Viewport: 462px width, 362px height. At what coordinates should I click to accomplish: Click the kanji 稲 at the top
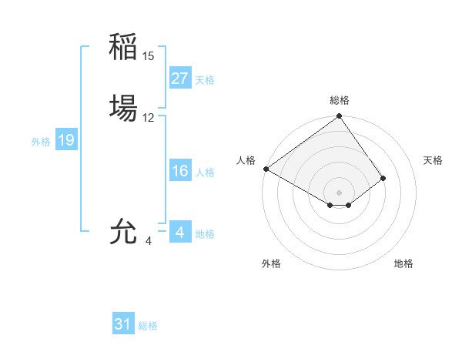coord(123,47)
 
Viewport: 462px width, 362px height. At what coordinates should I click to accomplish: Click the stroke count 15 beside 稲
coord(149,56)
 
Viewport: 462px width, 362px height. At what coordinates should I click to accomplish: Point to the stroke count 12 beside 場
coord(149,118)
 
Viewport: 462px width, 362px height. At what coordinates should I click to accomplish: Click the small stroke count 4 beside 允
coord(149,241)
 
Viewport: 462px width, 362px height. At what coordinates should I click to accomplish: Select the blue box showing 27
coord(179,79)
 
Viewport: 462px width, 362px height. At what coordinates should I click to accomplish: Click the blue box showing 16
coord(179,171)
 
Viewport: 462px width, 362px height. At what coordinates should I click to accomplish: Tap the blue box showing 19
coord(66,140)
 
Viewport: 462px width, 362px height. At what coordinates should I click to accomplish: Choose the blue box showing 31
coord(123,324)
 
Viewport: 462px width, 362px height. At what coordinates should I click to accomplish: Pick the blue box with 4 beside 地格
coord(179,233)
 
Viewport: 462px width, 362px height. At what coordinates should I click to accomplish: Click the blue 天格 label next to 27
coord(205,80)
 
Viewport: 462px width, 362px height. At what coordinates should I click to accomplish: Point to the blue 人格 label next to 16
coord(205,173)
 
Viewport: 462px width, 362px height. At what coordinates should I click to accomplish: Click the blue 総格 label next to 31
coord(148,326)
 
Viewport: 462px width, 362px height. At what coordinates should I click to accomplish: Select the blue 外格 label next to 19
coord(41,142)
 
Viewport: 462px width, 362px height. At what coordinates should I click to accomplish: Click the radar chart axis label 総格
coord(339,100)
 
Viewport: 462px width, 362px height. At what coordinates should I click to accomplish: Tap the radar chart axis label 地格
coord(403,263)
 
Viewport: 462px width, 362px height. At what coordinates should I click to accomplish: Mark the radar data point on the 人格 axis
coord(266,169)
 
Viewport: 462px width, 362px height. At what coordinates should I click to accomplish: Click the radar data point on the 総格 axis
coord(339,117)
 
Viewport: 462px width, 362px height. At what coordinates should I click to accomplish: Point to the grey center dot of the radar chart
coord(339,192)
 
